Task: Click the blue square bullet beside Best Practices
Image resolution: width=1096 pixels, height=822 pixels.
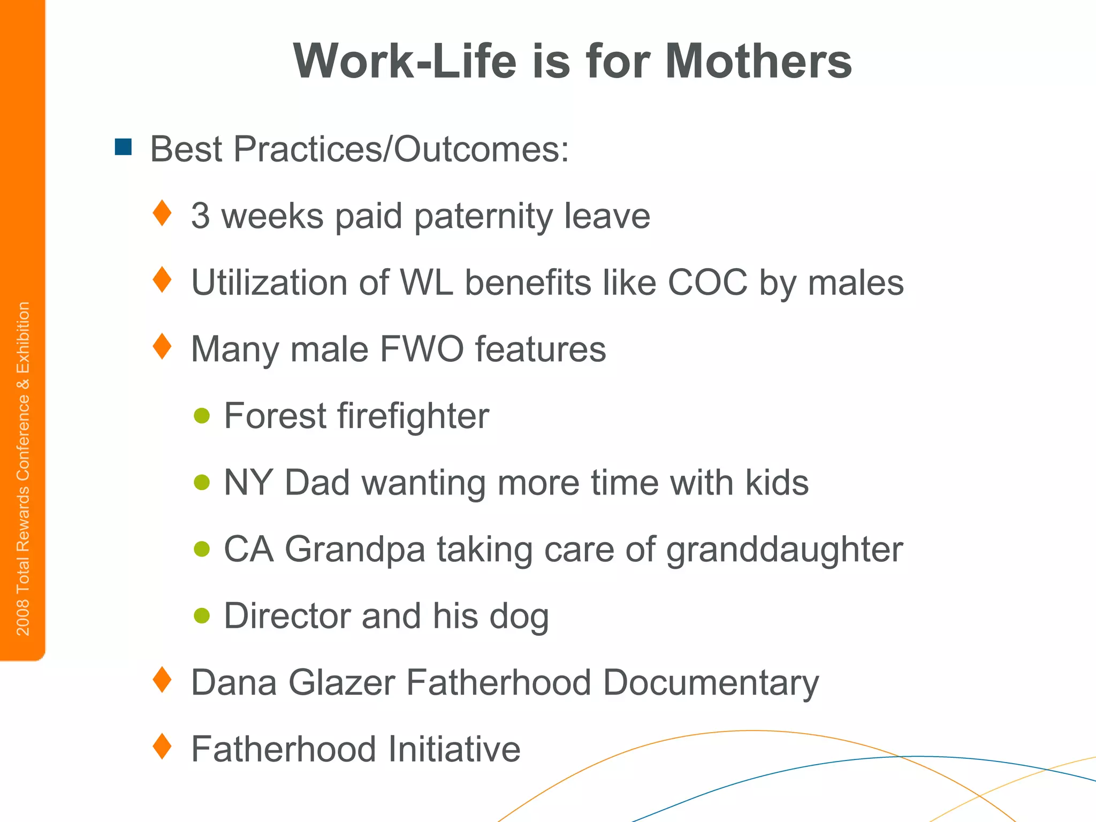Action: click(x=123, y=147)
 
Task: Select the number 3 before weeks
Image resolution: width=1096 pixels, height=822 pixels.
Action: click(x=200, y=216)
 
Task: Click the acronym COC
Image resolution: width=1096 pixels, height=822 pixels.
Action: click(x=707, y=282)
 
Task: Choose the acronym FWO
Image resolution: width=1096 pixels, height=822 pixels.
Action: click(x=422, y=349)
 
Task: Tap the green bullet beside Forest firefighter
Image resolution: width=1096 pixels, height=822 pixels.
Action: click(x=202, y=415)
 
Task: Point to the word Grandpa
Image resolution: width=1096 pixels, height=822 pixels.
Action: click(x=354, y=550)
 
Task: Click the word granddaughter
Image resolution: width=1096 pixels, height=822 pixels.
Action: click(x=785, y=550)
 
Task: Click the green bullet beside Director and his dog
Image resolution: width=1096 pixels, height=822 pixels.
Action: click(x=202, y=615)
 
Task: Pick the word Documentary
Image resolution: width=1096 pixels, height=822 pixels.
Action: click(x=711, y=683)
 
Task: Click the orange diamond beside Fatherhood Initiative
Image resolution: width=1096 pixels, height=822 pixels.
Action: click(x=162, y=746)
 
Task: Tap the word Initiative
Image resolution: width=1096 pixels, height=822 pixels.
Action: click(x=454, y=749)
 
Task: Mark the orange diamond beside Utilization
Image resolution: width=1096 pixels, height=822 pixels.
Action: click(x=162, y=279)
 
